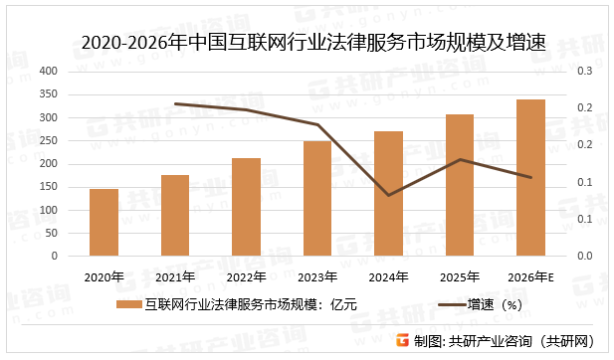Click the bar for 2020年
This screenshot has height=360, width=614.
tap(103, 222)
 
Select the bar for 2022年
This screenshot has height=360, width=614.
tap(246, 207)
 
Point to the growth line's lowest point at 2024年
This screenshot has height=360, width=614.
tap(388, 195)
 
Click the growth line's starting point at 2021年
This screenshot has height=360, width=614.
tap(175, 103)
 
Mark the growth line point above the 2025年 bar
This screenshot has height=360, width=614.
tap(460, 159)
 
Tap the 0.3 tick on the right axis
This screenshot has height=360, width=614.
tap(584, 72)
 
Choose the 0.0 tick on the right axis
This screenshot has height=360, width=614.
tap(584, 256)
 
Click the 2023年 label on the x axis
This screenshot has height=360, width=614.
tap(316, 276)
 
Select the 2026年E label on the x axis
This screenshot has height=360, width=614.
tap(531, 276)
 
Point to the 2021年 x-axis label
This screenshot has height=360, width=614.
tap(174, 276)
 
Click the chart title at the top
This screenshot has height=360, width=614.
tap(307, 42)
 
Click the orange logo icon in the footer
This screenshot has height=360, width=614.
tap(402, 341)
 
